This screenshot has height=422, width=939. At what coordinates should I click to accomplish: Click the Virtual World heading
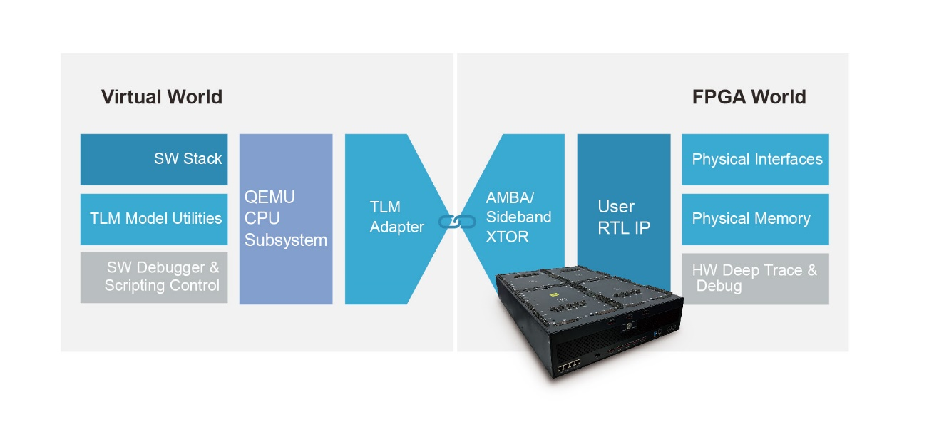[x=161, y=97]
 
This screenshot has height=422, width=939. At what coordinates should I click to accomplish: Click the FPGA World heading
[x=749, y=97]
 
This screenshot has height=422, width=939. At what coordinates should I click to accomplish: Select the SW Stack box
[x=154, y=158]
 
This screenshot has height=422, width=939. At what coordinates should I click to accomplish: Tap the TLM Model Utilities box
[x=154, y=219]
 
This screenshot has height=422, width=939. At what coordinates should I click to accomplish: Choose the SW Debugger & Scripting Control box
[x=154, y=277]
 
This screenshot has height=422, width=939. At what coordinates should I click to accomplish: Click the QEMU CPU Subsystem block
[x=285, y=218]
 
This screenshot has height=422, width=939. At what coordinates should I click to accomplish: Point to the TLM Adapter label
[x=396, y=217]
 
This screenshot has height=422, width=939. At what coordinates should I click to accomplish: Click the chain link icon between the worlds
[x=456, y=221]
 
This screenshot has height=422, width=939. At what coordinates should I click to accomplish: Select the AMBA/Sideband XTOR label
[x=518, y=217]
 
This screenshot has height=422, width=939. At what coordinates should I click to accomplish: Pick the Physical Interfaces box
[x=755, y=159]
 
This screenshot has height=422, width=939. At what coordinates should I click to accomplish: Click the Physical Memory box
[x=755, y=219]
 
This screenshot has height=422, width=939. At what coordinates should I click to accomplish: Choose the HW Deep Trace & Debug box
[x=755, y=278]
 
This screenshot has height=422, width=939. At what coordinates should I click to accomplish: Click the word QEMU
[x=270, y=197]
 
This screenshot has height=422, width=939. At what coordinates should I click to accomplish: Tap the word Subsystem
[x=286, y=240]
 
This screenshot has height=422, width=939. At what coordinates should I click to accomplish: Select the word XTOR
[x=507, y=237]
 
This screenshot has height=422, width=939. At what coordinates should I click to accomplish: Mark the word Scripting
[x=133, y=286]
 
